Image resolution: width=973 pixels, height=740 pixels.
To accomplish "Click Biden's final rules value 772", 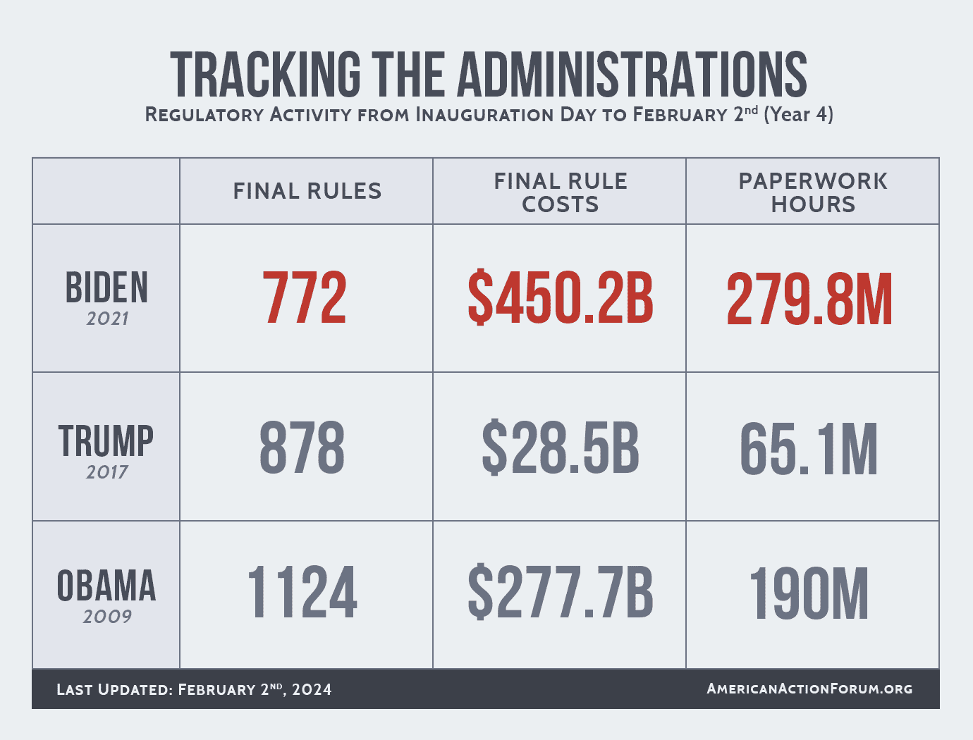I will (305, 298).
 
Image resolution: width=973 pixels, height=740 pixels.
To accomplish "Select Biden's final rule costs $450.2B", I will (560, 298).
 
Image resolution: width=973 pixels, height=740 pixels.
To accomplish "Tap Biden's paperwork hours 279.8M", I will (809, 300).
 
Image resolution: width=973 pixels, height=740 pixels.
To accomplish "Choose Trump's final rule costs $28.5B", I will (560, 448).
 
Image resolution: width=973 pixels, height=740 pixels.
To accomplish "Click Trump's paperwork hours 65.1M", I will (809, 449).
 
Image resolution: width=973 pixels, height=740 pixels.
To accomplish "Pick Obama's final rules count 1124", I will (302, 593).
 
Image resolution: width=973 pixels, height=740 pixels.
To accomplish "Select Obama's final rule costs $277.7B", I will (560, 593).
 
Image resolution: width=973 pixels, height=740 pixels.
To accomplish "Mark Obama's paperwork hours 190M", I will (809, 595).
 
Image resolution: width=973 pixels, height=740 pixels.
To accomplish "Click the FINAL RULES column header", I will (307, 191).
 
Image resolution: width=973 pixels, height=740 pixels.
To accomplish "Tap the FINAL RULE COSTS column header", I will (561, 192).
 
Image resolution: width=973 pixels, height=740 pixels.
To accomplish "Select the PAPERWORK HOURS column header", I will (813, 192).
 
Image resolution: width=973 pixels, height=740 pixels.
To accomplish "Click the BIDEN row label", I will (107, 288).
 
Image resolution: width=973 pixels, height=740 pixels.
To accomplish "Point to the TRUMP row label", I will (106, 440).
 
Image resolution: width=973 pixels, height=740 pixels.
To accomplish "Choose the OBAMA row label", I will (106, 586).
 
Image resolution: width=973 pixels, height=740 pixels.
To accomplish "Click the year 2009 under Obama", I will (107, 617).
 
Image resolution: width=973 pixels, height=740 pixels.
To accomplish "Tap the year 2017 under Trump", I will (107, 472).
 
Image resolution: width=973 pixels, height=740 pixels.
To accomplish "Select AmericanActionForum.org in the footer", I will (809, 689).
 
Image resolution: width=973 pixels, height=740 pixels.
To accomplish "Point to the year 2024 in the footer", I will (312, 689).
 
